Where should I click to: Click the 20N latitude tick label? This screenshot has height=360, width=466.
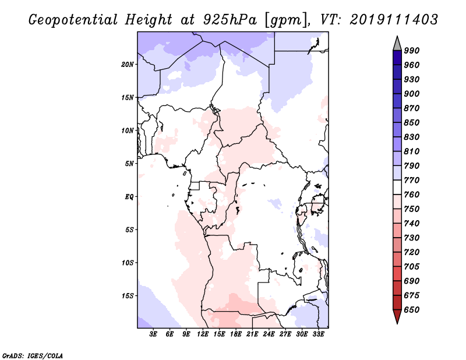pyautogui.click(x=127, y=65)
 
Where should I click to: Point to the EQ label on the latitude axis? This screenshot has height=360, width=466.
pyautogui.click(x=129, y=197)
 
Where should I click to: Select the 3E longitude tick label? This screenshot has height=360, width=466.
pyautogui.click(x=153, y=334)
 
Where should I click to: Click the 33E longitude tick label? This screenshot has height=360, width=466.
pyautogui.click(x=318, y=334)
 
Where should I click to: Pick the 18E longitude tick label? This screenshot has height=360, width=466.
pyautogui.click(x=236, y=334)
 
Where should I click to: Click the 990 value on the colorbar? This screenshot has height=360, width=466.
pyautogui.click(x=412, y=51)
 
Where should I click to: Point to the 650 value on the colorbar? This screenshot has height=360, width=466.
pyautogui.click(x=412, y=310)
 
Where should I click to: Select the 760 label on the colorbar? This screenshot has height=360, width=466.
pyautogui.click(x=412, y=195)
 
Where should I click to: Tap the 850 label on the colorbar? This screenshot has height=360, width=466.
pyautogui.click(x=412, y=122)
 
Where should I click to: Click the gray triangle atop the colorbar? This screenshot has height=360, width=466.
pyautogui.click(x=397, y=44)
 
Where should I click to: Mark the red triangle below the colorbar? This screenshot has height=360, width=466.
pyautogui.click(x=397, y=316)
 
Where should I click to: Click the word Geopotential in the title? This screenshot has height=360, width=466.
pyautogui.click(x=73, y=20)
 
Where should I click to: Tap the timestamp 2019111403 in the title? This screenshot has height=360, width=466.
pyautogui.click(x=394, y=20)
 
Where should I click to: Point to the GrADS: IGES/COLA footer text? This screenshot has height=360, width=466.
pyautogui.click(x=33, y=356)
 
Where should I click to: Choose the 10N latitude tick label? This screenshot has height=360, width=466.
pyautogui.click(x=127, y=130)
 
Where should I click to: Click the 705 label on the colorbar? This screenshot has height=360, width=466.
pyautogui.click(x=412, y=267)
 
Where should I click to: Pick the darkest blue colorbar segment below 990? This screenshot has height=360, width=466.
pyautogui.click(x=397, y=58)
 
